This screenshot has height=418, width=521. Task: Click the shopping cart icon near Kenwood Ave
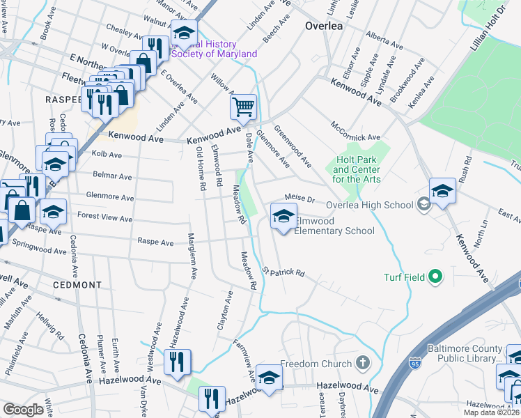coord(244,107)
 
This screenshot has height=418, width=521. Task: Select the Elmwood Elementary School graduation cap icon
coord(283,216)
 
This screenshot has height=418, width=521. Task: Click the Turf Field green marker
coord(436,277)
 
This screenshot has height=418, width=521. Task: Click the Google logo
coord(24,410)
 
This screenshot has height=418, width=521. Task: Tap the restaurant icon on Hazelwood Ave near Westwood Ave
coord(177,362)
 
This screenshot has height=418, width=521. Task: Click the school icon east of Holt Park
coord(442,191)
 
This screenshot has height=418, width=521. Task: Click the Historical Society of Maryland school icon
coord(184,33)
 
